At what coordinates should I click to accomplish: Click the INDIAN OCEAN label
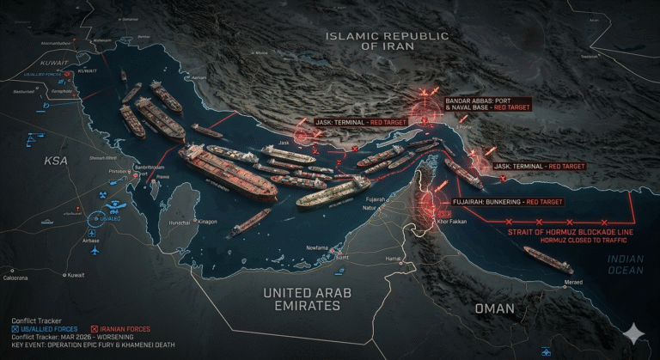tap(626, 264)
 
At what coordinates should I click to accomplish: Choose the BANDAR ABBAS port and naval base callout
tap(487, 105)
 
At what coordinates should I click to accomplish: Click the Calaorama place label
tap(15, 278)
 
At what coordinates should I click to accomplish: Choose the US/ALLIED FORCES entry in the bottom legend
tap(46, 328)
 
